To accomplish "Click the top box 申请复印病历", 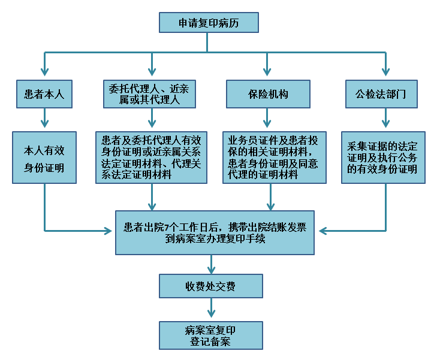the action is pyautogui.click(x=209, y=22).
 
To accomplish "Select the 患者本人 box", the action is pyautogui.click(x=44, y=94).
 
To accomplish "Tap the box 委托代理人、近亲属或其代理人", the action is pyautogui.click(x=149, y=94).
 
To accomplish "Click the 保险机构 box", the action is pyautogui.click(x=268, y=94).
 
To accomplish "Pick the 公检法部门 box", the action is pyautogui.click(x=381, y=94).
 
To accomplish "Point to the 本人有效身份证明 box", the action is pyautogui.click(x=44, y=158).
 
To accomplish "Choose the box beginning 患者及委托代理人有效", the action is pyautogui.click(x=151, y=158).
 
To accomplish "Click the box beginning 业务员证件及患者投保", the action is pyautogui.click(x=275, y=158).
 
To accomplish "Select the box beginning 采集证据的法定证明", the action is pyautogui.click(x=383, y=158).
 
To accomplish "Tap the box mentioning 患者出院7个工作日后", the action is pyautogui.click(x=215, y=232).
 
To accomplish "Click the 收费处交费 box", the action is pyautogui.click(x=211, y=286).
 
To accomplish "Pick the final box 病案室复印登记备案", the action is pyautogui.click(x=211, y=335).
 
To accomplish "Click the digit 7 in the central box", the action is pyautogui.click(x=167, y=227).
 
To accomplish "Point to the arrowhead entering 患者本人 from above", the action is pyautogui.click(x=44, y=72).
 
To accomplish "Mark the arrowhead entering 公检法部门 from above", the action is pyautogui.click(x=386, y=72).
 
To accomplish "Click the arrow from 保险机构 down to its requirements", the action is pyautogui.click(x=267, y=118).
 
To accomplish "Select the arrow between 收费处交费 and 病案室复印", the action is pyautogui.click(x=211, y=308).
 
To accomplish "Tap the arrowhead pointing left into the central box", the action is pyautogui.click(x=323, y=231).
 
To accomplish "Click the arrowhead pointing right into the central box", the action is pyautogui.click(x=108, y=231).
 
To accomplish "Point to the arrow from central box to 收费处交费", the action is pyautogui.click(x=211, y=264).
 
